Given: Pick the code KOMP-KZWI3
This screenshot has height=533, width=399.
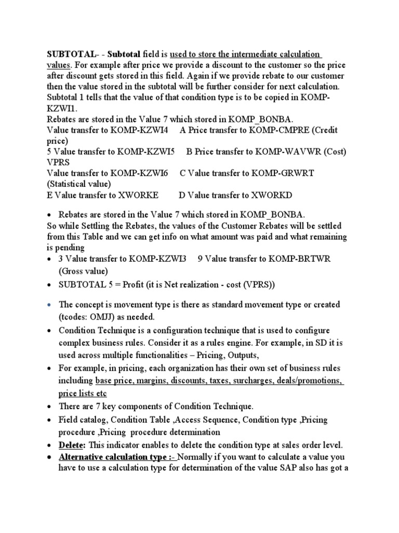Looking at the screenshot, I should click(158, 259).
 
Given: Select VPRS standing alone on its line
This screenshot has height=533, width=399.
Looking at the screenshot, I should click(58, 162).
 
